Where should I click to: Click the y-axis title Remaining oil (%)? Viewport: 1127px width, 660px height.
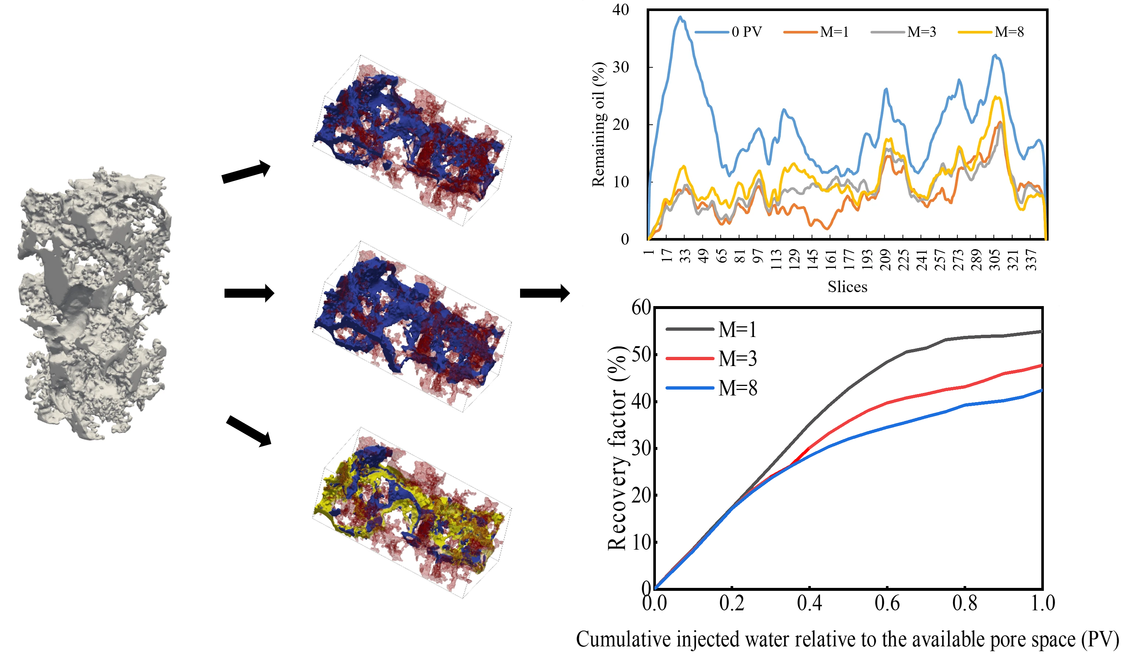click(x=598, y=124)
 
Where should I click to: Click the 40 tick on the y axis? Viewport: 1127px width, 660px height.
click(x=621, y=10)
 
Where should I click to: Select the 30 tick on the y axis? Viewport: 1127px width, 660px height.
click(x=621, y=67)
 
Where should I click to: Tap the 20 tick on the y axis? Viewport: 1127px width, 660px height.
click(x=621, y=124)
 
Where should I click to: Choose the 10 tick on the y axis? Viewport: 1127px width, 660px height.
click(x=621, y=182)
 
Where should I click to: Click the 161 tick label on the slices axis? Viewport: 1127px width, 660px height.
click(x=830, y=260)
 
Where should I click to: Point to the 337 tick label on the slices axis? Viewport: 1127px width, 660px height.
click(x=1031, y=260)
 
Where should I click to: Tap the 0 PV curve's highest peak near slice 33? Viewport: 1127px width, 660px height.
click(x=680, y=17)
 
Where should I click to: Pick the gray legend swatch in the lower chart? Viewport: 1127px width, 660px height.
click(x=690, y=330)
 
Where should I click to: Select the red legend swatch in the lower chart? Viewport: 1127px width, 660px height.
click(x=690, y=359)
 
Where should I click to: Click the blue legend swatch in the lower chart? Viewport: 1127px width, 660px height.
click(x=690, y=388)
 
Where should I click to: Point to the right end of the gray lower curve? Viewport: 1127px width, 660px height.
click(x=1042, y=332)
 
